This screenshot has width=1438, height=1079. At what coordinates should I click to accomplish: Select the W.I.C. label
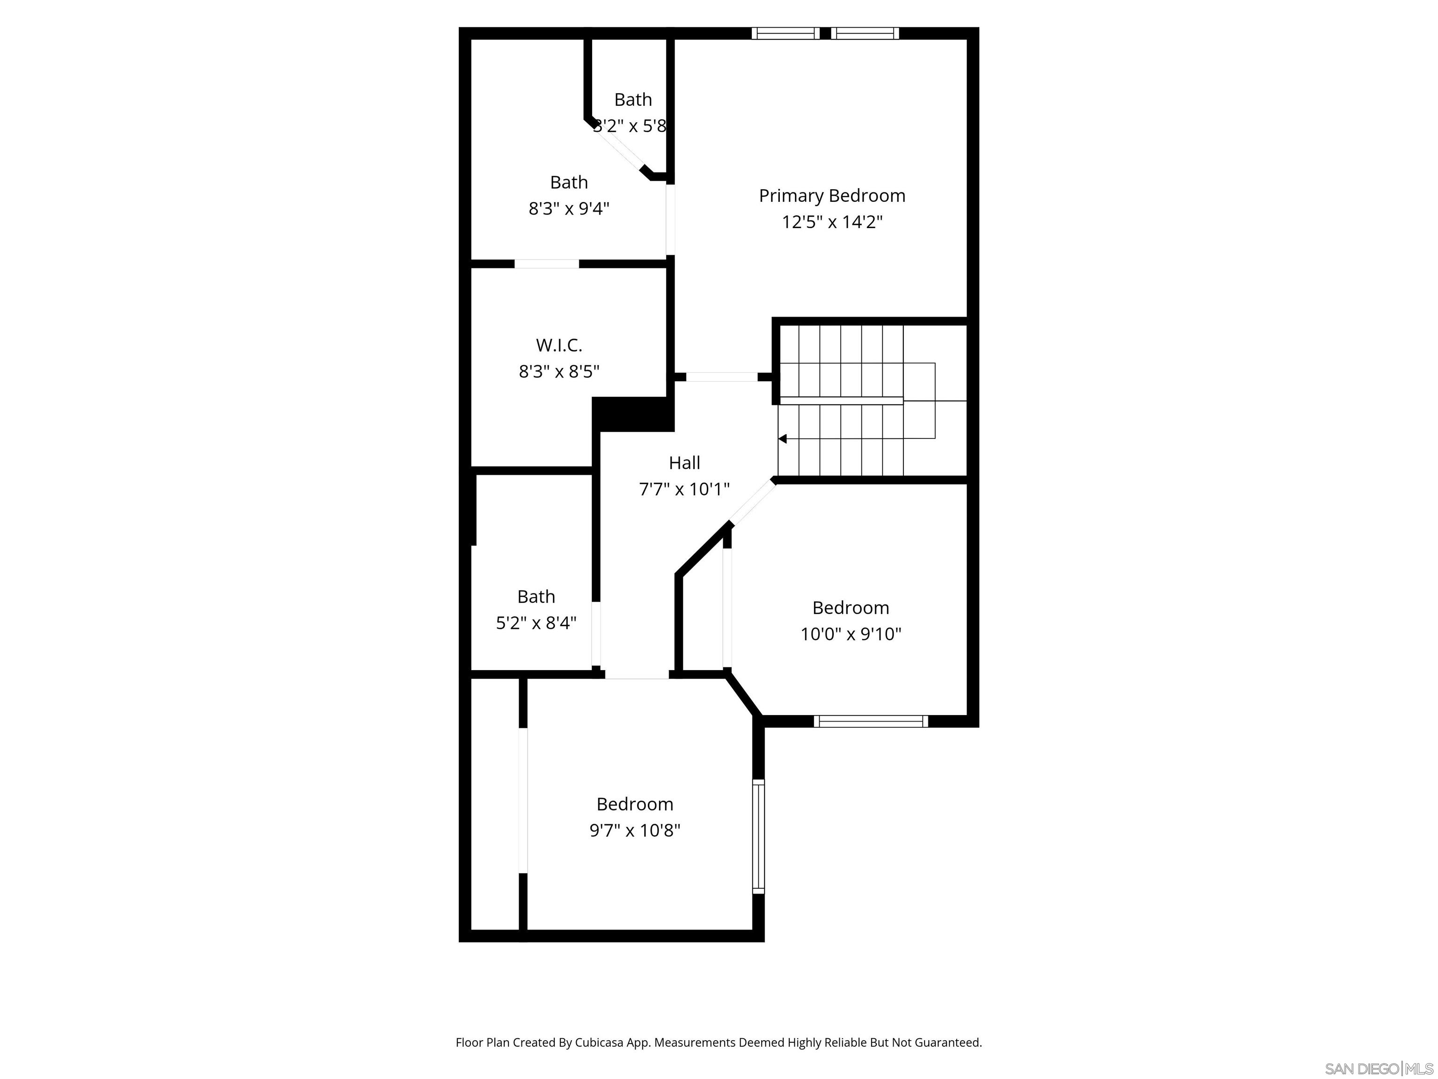tap(558, 345)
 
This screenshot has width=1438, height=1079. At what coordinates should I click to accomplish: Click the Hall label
tap(684, 463)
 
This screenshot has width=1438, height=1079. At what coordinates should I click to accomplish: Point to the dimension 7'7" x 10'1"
tap(684, 489)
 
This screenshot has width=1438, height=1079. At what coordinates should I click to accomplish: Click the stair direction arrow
tap(783, 439)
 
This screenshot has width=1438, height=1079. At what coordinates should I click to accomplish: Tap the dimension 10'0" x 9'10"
tap(851, 634)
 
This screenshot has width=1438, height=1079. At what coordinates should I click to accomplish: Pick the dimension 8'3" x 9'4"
tap(569, 209)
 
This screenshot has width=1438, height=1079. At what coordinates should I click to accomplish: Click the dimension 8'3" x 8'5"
tap(558, 371)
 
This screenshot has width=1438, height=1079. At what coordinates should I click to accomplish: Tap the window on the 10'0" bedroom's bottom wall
tap(871, 721)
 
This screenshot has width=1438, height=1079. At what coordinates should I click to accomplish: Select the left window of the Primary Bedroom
tap(785, 33)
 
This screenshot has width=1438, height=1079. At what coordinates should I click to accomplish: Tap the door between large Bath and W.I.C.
tap(546, 263)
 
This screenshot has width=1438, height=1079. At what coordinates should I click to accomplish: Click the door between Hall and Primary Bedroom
tap(722, 377)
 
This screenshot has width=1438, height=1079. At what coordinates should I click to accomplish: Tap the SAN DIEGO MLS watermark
tap(1378, 1069)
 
